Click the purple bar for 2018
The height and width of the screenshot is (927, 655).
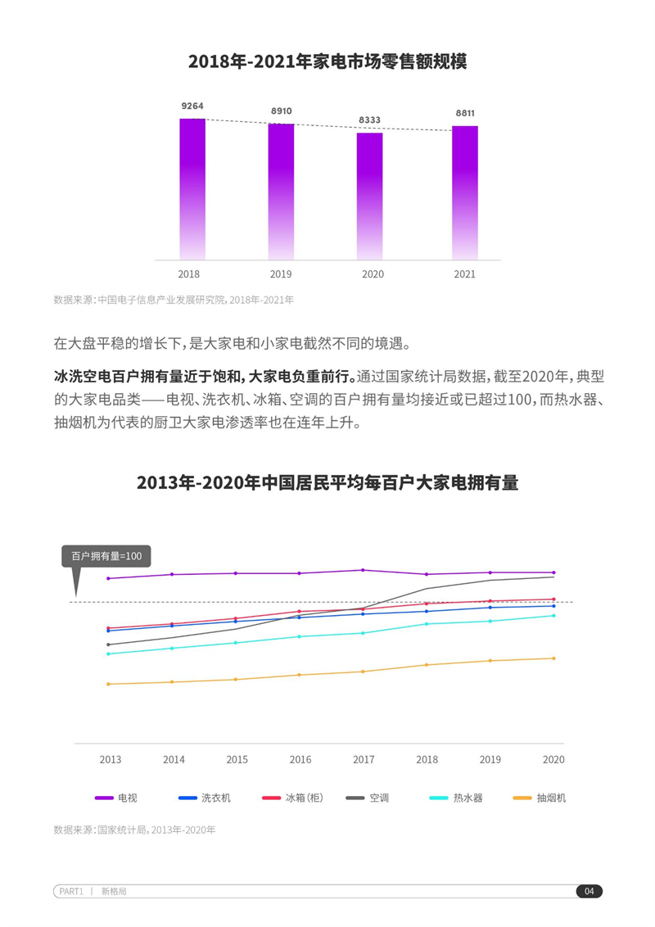pyautogui.click(x=192, y=189)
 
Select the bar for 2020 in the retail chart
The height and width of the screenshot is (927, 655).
pyautogui.click(x=369, y=197)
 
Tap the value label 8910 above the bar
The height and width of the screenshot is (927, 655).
pyautogui.click(x=281, y=111)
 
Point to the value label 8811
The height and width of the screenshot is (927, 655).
pyautogui.click(x=465, y=113)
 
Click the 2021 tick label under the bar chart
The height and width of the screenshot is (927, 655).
pyautogui.click(x=464, y=274)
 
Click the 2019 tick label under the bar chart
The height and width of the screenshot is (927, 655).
pyautogui.click(x=281, y=274)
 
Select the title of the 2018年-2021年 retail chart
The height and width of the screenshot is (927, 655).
pyautogui.click(x=327, y=61)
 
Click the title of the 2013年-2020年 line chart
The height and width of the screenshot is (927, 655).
pyautogui.click(x=327, y=482)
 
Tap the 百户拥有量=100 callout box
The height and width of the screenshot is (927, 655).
pyautogui.click(x=106, y=557)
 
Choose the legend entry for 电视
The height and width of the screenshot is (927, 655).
pyautogui.click(x=117, y=798)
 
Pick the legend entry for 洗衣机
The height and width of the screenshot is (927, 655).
pyautogui.click(x=205, y=798)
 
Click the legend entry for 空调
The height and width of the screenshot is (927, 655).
pyautogui.click(x=368, y=798)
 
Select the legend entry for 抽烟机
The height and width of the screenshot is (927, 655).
pyautogui.click(x=539, y=798)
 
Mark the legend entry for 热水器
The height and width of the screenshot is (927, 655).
pyautogui.click(x=456, y=798)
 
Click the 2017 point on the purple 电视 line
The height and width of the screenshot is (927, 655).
pyautogui.click(x=363, y=570)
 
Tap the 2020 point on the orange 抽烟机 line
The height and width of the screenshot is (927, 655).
pyautogui.click(x=553, y=658)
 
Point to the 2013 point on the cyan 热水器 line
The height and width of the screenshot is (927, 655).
pyautogui.click(x=108, y=653)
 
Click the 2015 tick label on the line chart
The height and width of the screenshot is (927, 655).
pyautogui.click(x=237, y=760)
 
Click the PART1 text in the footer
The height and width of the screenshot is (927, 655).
pyautogui.click(x=71, y=892)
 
